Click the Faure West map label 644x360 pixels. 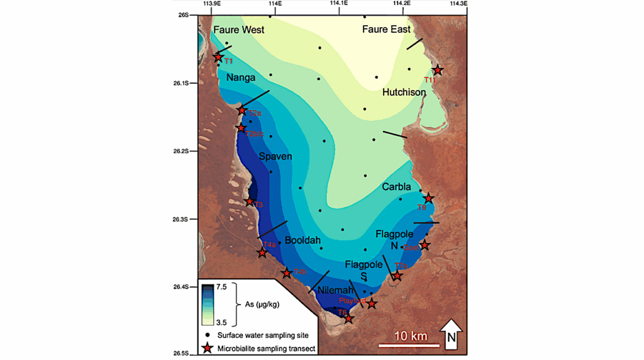coord(238,30)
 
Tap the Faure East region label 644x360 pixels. coord(386,29)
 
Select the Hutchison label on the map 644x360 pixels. coord(404,93)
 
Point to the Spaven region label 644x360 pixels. coord(275,156)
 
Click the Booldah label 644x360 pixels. coord(303,240)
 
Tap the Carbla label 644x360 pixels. coord(396,187)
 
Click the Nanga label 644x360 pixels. coord(241,78)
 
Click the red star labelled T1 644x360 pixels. coord(218,57)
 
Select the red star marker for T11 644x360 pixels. coord(437,70)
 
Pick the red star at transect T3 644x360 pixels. coord(250,202)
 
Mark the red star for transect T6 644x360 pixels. coord(348,318)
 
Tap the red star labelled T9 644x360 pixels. coord(428,198)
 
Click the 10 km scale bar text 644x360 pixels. coord(410,336)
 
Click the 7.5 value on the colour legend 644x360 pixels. coord(222,286)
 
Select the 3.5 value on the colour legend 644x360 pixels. coord(222,322)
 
